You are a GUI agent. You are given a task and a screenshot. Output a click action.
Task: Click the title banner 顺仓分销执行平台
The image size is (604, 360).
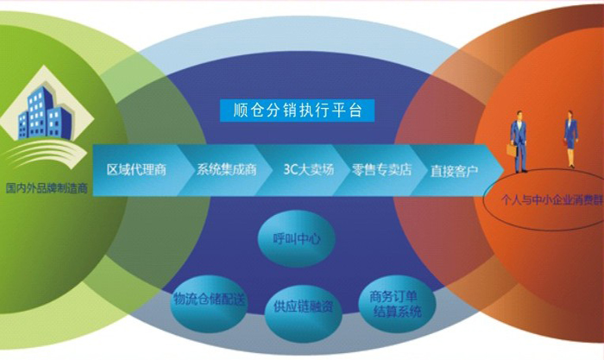click(x=297, y=111)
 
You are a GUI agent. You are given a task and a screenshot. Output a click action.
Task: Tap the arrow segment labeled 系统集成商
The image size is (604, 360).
click(x=224, y=170)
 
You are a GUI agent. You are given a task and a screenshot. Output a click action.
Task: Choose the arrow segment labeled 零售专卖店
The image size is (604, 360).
click(x=381, y=170)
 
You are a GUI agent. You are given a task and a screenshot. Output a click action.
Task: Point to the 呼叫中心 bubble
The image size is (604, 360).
click(x=296, y=239)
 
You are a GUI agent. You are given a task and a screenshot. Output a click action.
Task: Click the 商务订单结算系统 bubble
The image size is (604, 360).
click(x=397, y=304)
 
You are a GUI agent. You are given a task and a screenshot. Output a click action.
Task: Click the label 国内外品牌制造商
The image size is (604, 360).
click(x=47, y=188)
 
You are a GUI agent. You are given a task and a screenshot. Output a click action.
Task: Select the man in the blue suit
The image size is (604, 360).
click(x=519, y=142)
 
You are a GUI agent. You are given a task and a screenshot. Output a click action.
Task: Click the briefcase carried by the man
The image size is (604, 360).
click(x=511, y=150)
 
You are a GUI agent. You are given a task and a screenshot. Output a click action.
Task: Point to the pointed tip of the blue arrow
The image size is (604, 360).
click(x=504, y=170)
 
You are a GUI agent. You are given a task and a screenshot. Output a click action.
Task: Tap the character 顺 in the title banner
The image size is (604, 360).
click(x=240, y=111)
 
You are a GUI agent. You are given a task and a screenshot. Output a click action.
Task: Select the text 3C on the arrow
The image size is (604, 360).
click(x=289, y=169)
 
